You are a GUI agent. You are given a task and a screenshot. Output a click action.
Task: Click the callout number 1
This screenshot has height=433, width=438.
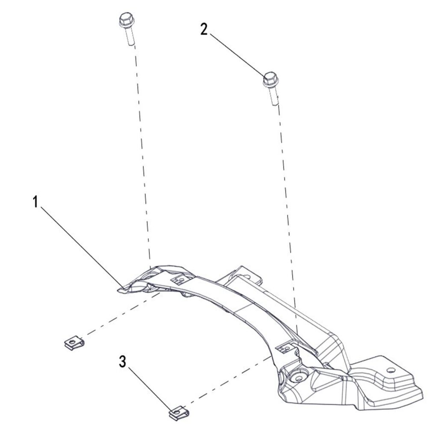click(x=35, y=202)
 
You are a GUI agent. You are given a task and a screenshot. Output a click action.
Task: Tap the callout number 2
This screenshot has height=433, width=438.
click(x=204, y=29)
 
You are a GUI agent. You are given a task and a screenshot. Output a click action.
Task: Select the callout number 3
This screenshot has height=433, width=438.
click(x=122, y=362)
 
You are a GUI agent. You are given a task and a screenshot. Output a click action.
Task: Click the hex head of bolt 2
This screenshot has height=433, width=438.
click(x=271, y=79)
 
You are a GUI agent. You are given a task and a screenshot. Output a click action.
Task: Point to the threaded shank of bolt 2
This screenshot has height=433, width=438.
click(x=274, y=95)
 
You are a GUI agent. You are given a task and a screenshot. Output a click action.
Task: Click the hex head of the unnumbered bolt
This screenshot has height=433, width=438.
click(x=127, y=20)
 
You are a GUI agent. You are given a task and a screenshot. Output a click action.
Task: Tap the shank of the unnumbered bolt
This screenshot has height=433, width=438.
click(x=130, y=36)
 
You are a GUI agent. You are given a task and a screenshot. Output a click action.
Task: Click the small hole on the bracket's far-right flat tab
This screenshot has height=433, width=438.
click(x=390, y=370)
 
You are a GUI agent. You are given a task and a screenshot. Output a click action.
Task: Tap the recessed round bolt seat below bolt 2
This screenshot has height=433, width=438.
click(x=299, y=377)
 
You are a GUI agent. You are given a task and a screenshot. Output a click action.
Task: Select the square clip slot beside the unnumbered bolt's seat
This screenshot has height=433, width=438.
click(x=179, y=280)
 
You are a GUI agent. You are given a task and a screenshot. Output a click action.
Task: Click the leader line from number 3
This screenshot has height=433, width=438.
click(x=150, y=389)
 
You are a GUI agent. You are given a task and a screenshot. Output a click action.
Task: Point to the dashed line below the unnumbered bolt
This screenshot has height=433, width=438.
click(x=142, y=156)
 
